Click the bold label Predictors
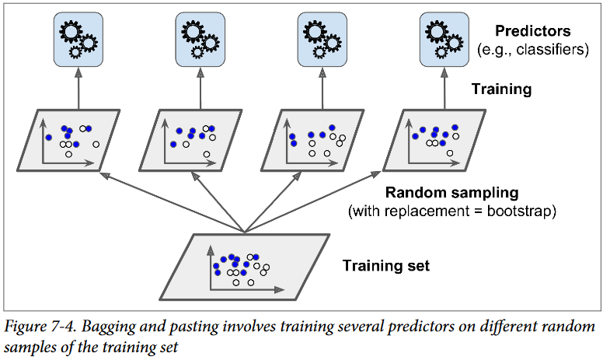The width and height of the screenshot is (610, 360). point(532,31)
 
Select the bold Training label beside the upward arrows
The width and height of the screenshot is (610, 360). point(501,89)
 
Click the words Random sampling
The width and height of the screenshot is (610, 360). point(451,193)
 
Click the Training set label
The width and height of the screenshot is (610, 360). point(386,266)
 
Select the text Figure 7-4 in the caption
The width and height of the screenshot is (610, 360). point(40,326)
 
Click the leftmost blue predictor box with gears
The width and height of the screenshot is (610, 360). point(78,40)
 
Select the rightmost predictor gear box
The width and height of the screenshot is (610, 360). point(444,40)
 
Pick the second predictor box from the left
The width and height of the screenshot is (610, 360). point(200,40)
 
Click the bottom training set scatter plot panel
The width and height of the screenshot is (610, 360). point(245,267)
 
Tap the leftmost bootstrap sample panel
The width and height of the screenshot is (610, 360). point(68,140)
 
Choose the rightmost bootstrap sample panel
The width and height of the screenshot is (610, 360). point(434,140)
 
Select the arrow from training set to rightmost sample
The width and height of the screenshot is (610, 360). point(313,201)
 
